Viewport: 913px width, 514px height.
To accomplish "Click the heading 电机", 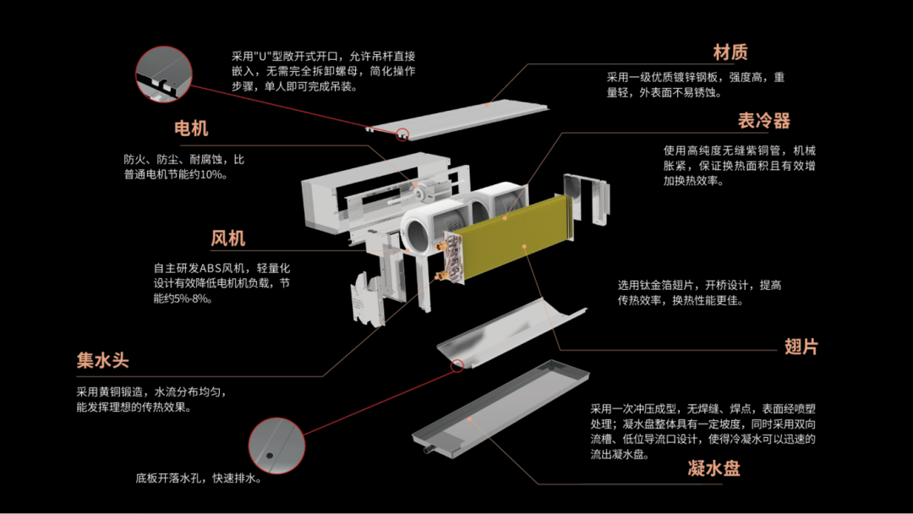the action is click(x=191, y=128).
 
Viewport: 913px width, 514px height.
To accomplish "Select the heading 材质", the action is click(x=730, y=52).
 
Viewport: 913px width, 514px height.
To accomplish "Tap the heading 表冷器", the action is click(x=764, y=121).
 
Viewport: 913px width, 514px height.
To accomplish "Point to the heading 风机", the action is click(x=228, y=238).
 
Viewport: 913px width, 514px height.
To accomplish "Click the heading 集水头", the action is click(x=102, y=360).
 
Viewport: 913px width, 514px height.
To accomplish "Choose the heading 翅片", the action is click(x=801, y=347).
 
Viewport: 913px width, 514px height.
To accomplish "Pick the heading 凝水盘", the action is click(x=713, y=468).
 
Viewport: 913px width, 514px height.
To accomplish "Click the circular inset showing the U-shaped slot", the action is click(x=164, y=74).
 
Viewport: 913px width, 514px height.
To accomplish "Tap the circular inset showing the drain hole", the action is click(x=276, y=446).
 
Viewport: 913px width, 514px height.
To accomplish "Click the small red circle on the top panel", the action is click(x=402, y=135).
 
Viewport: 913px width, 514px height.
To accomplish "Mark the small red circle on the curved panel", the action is click(x=457, y=365).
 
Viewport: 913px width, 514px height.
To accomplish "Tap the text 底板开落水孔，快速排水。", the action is click(x=200, y=478).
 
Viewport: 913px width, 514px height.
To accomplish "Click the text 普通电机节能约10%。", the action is click(x=176, y=175).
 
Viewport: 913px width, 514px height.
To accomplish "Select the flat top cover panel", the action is click(x=457, y=121).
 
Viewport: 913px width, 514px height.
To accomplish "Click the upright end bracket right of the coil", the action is click(x=587, y=199).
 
